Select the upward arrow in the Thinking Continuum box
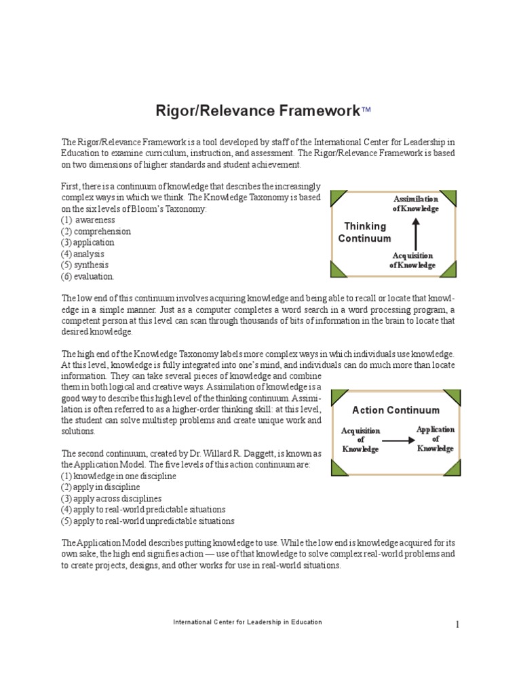tap(415, 232)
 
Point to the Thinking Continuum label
tap(365, 232)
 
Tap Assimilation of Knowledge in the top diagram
tap(416, 204)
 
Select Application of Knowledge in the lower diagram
tap(435, 439)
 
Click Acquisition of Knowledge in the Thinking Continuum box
tap(412, 260)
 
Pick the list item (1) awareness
tap(88, 221)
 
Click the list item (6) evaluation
tap(88, 276)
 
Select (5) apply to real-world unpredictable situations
tap(148, 521)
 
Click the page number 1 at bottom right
tap(457, 624)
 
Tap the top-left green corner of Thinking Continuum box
tap(337, 198)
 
